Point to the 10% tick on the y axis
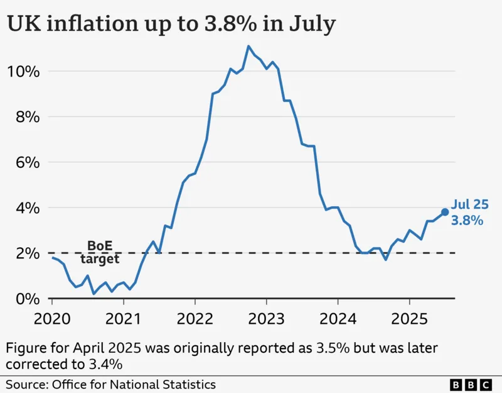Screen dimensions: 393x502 click(x=24, y=71)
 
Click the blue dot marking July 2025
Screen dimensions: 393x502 click(x=445, y=212)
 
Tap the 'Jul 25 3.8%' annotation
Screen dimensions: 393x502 click(x=468, y=213)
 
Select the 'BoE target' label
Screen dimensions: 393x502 click(x=100, y=252)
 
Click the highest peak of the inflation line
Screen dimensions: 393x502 click(x=248, y=46)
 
